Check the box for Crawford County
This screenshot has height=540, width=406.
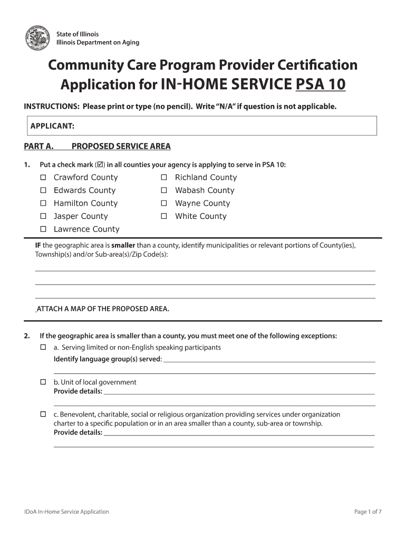pyautogui.click(x=43, y=177)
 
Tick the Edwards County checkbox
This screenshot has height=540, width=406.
pyautogui.click(x=43, y=190)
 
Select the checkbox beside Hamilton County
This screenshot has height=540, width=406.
pyautogui.click(x=43, y=203)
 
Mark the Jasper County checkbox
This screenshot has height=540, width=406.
pyautogui.click(x=43, y=216)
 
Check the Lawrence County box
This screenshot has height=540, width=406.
pyautogui.click(x=43, y=229)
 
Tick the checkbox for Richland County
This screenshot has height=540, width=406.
pyautogui.click(x=164, y=177)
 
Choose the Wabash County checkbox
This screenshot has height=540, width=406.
pyautogui.click(x=164, y=190)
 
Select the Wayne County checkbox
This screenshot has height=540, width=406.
pyautogui.click(x=164, y=203)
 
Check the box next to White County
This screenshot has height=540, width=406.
pyautogui.click(x=164, y=216)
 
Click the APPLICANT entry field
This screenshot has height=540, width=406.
pyautogui.click(x=221, y=126)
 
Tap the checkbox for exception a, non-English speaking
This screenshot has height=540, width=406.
pyautogui.click(x=43, y=348)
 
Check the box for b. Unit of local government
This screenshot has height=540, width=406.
pyautogui.click(x=43, y=382)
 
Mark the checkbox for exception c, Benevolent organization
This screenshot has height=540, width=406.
pyautogui.click(x=43, y=414)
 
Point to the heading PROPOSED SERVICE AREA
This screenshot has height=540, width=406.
pyautogui.click(x=121, y=147)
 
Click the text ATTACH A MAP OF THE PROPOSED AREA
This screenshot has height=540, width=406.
pyautogui.click(x=103, y=309)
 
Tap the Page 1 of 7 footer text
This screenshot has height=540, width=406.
pyautogui.click(x=368, y=512)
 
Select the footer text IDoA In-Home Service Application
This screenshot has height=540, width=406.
pyautogui.click(x=66, y=512)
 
